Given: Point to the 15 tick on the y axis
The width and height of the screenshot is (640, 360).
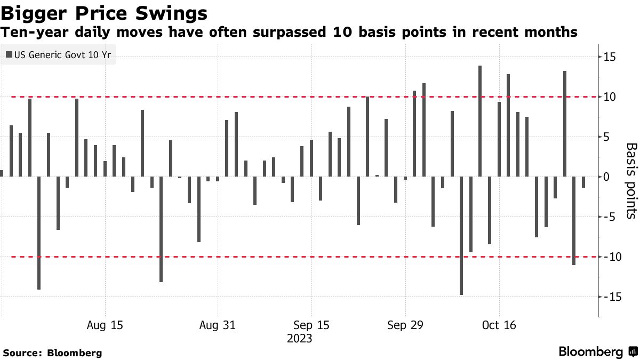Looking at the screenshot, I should (610, 57).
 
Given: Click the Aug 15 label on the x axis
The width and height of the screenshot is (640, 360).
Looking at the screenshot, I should (105, 325).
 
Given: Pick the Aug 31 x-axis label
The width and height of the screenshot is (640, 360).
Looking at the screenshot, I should (218, 325).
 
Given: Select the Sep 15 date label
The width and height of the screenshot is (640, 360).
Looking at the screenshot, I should (311, 325).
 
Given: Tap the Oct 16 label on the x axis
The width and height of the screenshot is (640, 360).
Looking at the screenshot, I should (499, 325).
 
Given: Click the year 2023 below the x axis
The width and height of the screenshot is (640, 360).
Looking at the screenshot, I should (299, 339).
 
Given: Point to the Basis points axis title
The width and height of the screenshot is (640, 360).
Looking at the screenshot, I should (630, 181).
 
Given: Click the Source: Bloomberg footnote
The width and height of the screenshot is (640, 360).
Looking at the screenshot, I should (52, 353).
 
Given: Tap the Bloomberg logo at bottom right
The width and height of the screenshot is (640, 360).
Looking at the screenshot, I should (597, 351).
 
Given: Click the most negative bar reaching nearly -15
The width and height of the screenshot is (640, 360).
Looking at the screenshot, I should (461, 235).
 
